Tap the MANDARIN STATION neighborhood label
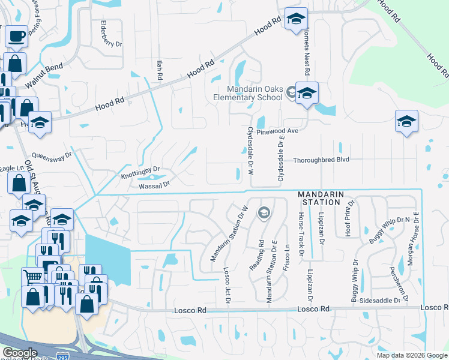tap(321, 199)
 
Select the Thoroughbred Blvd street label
tap(321, 160)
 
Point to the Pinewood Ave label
tap(277, 131)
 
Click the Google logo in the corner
tap(19, 353)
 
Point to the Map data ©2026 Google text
tap(412, 355)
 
